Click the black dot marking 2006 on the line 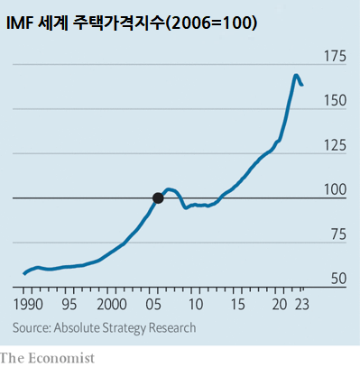click(x=158, y=197)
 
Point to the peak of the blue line click(x=296, y=75)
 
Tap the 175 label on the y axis click(x=335, y=58)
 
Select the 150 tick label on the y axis click(x=335, y=102)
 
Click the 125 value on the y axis click(x=335, y=146)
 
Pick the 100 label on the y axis click(x=335, y=190)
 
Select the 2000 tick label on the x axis click(x=113, y=305)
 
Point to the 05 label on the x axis click(x=153, y=305)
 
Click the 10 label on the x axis click(x=197, y=305)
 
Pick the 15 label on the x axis click(x=238, y=305)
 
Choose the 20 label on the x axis click(x=281, y=305)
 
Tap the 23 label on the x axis click(x=306, y=305)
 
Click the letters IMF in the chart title click(x=22, y=23)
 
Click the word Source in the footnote click(x=32, y=327)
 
